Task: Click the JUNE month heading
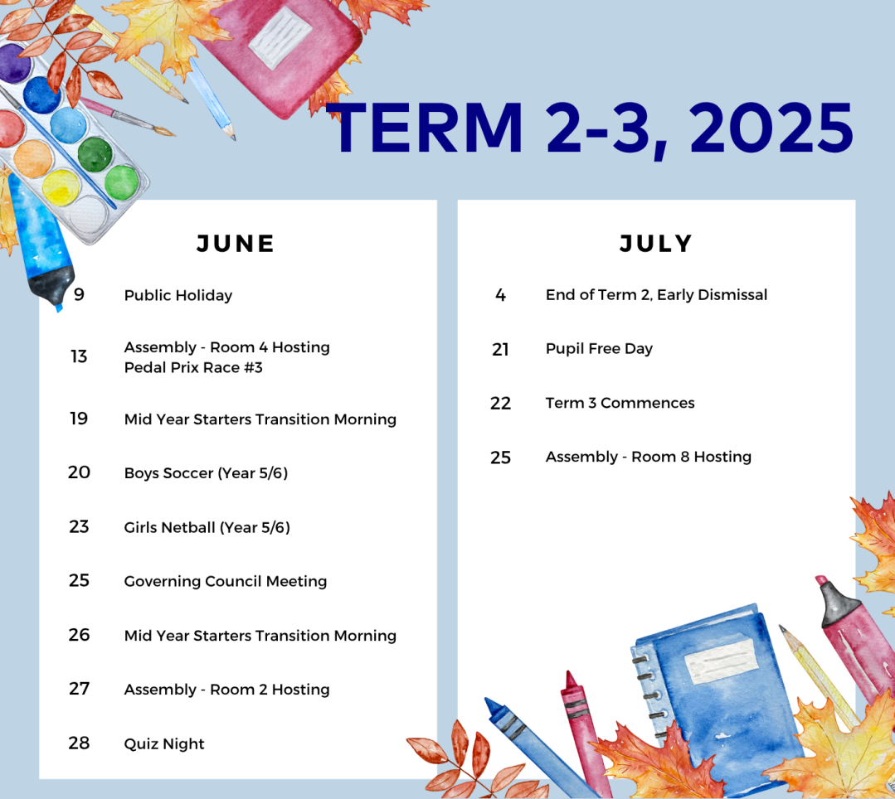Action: click(x=236, y=244)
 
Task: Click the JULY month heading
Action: click(x=656, y=244)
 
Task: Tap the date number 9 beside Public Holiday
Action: click(x=80, y=294)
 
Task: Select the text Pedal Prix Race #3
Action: click(x=193, y=367)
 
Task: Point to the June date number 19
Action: click(x=79, y=419)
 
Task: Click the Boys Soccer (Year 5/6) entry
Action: click(x=206, y=472)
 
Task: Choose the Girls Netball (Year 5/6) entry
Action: click(x=207, y=527)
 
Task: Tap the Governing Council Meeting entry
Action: click(x=226, y=581)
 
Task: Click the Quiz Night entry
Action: click(x=164, y=743)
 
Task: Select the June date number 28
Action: click(x=79, y=743)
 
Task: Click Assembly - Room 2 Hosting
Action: click(x=227, y=690)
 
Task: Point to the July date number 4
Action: click(x=500, y=295)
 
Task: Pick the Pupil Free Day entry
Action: click(x=600, y=348)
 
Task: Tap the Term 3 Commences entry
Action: click(x=620, y=403)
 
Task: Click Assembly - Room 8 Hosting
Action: click(x=649, y=457)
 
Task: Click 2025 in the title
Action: click(x=771, y=128)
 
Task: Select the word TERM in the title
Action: click(x=426, y=128)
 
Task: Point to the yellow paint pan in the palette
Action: click(x=61, y=186)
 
